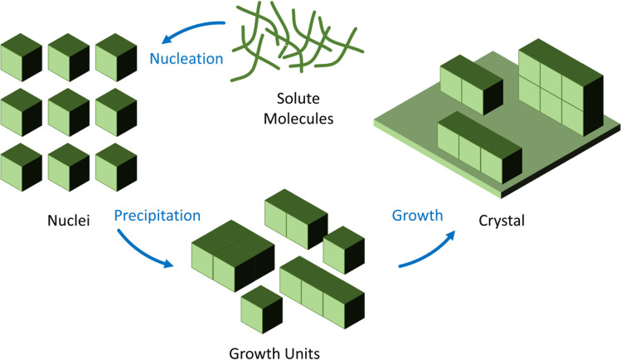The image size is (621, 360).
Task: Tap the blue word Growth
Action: tap(416, 215)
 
